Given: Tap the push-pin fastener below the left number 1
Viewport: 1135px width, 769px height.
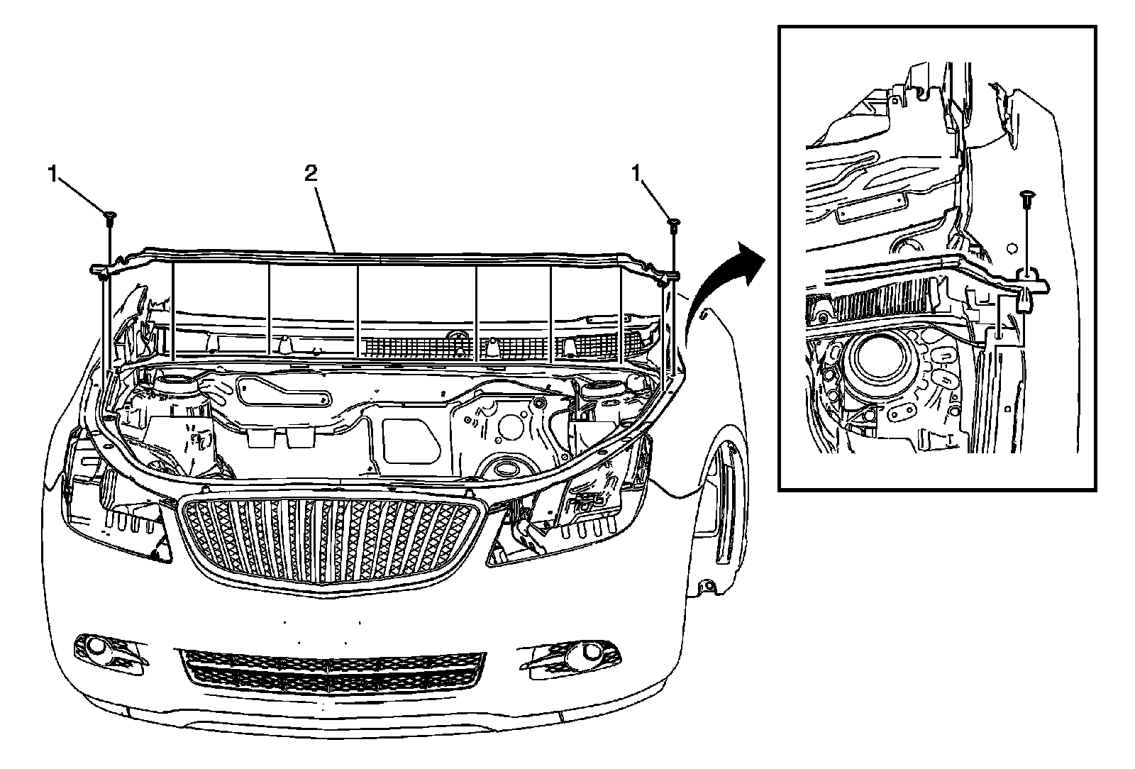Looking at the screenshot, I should click(110, 218).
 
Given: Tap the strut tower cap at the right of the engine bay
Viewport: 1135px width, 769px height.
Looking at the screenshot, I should click(601, 392).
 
